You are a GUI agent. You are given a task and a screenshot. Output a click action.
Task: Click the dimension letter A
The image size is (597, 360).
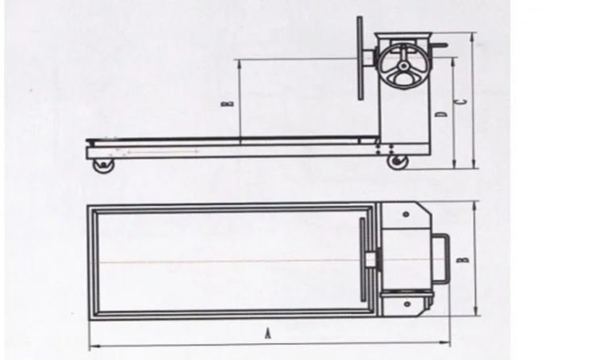[x=268, y=331]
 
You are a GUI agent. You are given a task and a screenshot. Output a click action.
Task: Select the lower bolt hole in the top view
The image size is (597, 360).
[x=406, y=305]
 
